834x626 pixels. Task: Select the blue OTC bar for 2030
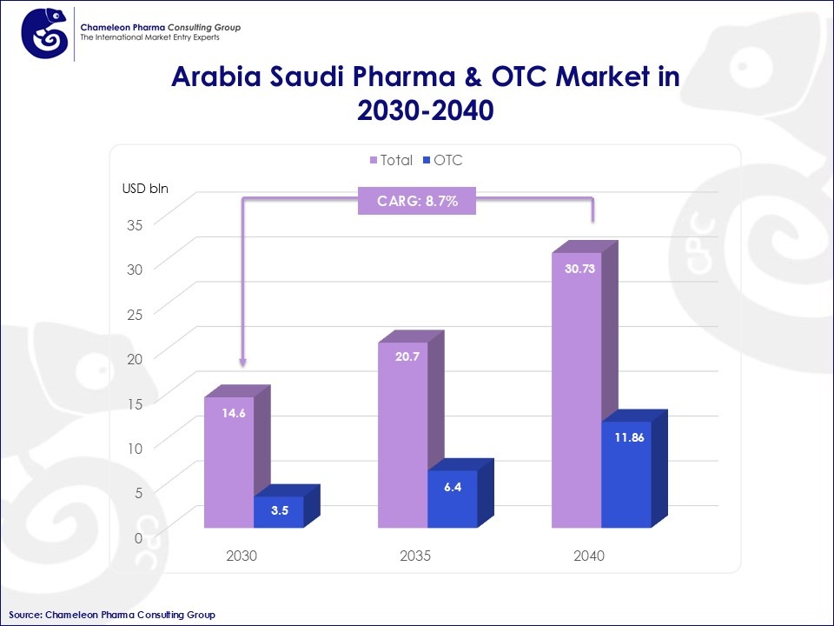(279, 512)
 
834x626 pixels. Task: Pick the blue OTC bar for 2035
(453, 500)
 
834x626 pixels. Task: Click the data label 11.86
(628, 437)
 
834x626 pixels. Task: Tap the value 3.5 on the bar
(280, 511)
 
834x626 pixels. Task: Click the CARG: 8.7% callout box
(417, 202)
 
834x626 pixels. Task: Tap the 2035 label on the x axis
(415, 556)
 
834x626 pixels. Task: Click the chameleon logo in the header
(44, 32)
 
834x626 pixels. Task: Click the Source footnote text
(112, 615)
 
